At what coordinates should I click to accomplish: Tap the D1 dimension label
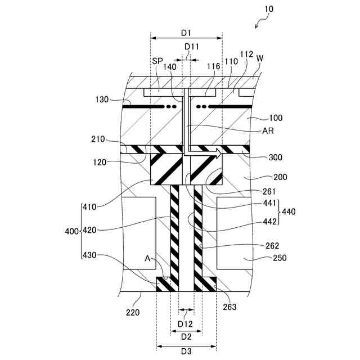pyautogui.click(x=186, y=26)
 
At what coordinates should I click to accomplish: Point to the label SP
pyautogui.click(x=157, y=60)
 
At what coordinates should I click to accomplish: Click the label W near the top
pyautogui.click(x=259, y=58)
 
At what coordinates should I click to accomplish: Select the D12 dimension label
pyautogui.click(x=186, y=324)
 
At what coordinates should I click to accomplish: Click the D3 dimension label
pyautogui.click(x=186, y=351)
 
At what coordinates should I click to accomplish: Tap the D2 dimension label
pyautogui.click(x=186, y=337)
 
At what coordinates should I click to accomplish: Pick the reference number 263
pyautogui.click(x=229, y=307)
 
